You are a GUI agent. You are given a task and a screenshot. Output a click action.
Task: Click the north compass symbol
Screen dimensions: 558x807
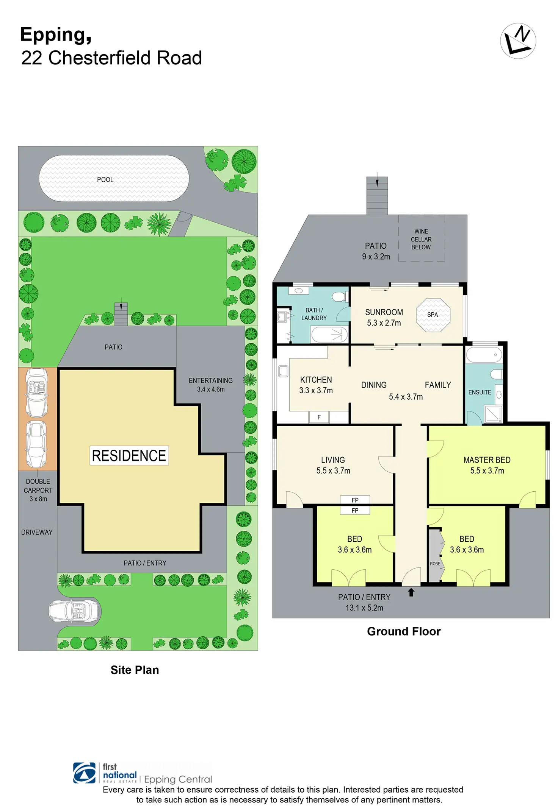pos(518,41)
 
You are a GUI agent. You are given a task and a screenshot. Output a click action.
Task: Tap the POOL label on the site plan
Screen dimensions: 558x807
pos(105,180)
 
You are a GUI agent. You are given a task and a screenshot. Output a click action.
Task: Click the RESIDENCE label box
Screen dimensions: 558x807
pos(129,455)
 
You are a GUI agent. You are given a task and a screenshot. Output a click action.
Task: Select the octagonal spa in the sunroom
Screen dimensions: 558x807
pos(433,315)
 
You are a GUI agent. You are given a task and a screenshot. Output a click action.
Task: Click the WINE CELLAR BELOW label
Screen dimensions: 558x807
pos(421,239)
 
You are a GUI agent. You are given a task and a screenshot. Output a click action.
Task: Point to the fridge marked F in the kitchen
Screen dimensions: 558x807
pos(319,417)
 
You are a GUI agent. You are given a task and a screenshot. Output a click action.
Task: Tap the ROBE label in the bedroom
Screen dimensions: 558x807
pos(435,564)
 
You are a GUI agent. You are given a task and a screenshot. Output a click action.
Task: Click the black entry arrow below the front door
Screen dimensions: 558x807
pos(411,592)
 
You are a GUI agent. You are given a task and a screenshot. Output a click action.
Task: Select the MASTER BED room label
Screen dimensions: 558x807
pos(487,460)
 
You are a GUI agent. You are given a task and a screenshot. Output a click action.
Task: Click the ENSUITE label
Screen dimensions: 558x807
pos(480,392)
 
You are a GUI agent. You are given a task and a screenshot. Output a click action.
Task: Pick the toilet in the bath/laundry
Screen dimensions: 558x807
pos(339,297)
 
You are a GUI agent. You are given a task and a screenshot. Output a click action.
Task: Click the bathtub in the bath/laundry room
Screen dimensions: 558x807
pos(329,335)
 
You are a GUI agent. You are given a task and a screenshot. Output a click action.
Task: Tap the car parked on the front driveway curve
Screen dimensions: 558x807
pos(75,611)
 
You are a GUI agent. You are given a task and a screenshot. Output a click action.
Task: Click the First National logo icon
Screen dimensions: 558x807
pos(85,773)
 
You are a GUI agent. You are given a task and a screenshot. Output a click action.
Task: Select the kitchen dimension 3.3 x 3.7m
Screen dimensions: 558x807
pos(316,391)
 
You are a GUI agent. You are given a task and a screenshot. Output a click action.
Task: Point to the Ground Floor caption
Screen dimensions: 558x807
pos(404,631)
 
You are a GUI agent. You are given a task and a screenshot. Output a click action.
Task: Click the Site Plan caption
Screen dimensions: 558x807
pos(135,670)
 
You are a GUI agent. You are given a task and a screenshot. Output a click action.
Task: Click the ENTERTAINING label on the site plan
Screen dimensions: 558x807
pos(210,380)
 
